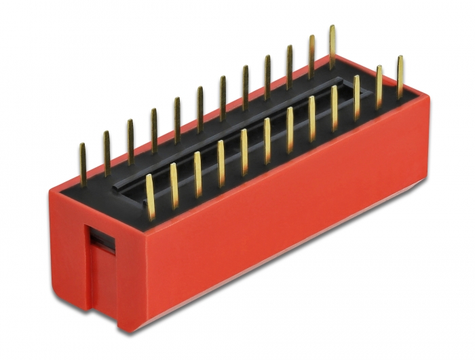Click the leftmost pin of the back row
[x=83, y=164]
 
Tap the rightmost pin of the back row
[x=332, y=47]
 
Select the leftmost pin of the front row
[x=150, y=197]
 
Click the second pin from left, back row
[x=107, y=153]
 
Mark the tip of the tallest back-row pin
[x=332, y=28]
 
